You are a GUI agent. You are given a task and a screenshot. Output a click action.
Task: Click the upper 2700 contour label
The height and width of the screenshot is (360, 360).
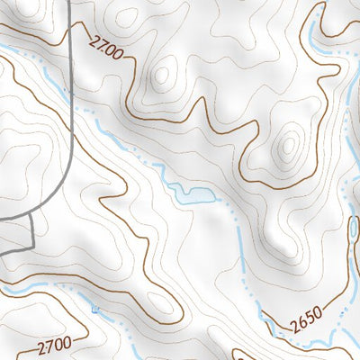[106, 47]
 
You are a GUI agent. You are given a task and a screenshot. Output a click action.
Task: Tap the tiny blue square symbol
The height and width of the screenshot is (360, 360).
[95, 310]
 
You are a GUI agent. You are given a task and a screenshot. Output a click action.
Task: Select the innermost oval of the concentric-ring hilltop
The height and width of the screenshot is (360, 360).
[289, 144]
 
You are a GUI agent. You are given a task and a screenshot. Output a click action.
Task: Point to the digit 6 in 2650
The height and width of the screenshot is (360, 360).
[301, 322]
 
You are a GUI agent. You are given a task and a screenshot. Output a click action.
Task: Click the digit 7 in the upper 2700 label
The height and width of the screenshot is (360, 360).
[102, 44]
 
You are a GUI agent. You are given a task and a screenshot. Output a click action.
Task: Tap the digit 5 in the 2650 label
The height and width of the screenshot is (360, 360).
[309, 318]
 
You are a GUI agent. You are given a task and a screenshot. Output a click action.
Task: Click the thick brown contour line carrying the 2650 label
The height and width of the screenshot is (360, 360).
[270, 329]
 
